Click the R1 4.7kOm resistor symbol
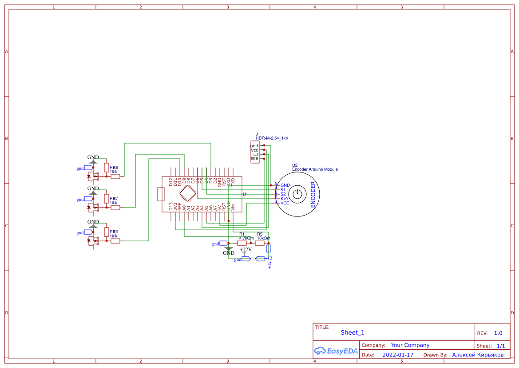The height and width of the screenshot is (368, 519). pyautogui.click(x=242, y=243)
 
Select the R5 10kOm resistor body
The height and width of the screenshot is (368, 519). pyautogui.click(x=260, y=243)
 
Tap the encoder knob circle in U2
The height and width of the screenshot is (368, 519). pyautogui.click(x=297, y=194)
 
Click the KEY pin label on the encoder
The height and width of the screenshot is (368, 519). pyautogui.click(x=285, y=199)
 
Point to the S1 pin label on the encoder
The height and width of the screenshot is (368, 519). pyautogui.click(x=283, y=190)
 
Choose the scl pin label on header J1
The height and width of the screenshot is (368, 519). pyautogui.click(x=255, y=154)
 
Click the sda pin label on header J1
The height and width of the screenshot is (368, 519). pyautogui.click(x=254, y=158)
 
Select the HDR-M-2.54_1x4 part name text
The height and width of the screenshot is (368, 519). pyautogui.click(x=272, y=138)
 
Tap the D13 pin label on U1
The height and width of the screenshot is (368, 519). pyautogui.click(x=171, y=207)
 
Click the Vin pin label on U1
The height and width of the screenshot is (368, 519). pyautogui.click(x=233, y=207)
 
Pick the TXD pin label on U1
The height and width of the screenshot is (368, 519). pyautogui.click(x=233, y=181)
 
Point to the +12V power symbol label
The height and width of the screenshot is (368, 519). pyautogui.click(x=246, y=249)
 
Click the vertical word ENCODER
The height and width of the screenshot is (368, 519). pyautogui.click(x=313, y=194)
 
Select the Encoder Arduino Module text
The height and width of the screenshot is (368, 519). pyautogui.click(x=315, y=169)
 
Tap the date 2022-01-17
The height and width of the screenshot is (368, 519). pyautogui.click(x=398, y=355)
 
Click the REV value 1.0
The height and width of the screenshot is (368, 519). pyautogui.click(x=498, y=333)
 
